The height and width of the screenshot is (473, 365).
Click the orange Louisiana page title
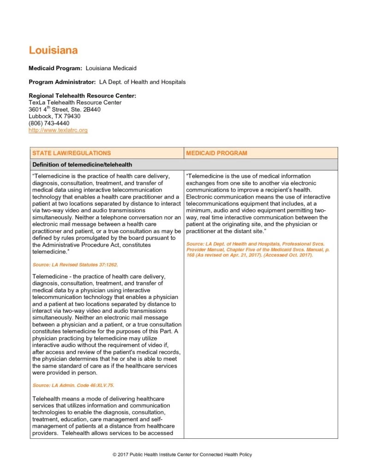click(x=53, y=50)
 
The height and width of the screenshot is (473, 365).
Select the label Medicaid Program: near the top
click(x=55, y=68)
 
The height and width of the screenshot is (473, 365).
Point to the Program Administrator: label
click(x=62, y=82)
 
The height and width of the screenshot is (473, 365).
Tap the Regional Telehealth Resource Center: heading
click(x=82, y=96)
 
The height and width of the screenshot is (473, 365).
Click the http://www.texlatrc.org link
click(x=58, y=130)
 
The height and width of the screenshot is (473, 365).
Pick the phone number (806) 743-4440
click(x=49, y=123)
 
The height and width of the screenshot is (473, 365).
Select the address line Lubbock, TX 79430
click(x=54, y=116)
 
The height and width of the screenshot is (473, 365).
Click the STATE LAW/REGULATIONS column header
click(x=72, y=153)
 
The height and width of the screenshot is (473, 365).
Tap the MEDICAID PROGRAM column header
click(x=216, y=153)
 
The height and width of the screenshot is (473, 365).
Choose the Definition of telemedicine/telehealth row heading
click(x=82, y=164)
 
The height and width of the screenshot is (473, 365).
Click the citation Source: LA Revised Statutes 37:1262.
click(x=71, y=265)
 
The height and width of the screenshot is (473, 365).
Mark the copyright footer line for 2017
click(x=182, y=455)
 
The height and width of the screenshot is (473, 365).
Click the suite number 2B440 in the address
click(x=90, y=109)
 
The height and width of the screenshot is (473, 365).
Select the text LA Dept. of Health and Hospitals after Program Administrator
click(x=142, y=82)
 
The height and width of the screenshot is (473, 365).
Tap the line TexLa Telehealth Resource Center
click(x=75, y=103)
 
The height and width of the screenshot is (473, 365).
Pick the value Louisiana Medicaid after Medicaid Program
click(x=111, y=68)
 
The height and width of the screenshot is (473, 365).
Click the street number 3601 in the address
click(x=36, y=109)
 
